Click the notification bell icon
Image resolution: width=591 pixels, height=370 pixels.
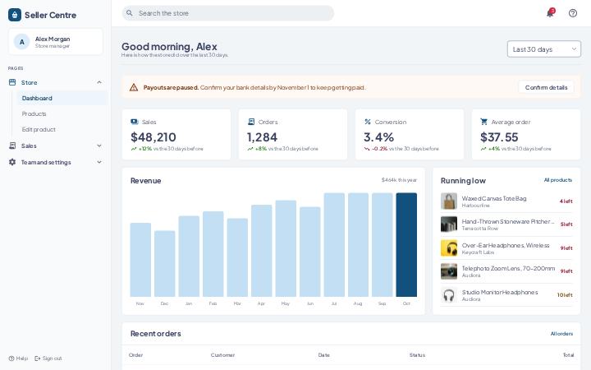click(550, 13)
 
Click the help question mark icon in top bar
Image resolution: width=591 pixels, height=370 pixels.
click(573, 13)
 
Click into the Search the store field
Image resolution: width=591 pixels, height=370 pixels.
click(227, 13)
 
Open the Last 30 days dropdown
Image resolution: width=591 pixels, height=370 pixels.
click(544, 49)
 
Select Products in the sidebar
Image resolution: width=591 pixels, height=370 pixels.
click(34, 113)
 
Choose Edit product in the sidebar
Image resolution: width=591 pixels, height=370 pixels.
click(39, 130)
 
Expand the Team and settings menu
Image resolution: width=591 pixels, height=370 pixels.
click(56, 162)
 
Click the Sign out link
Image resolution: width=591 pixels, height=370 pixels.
click(48, 358)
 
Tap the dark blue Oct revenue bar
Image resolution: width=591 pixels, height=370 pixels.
click(406, 245)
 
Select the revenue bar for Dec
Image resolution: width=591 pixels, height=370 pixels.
click(165, 264)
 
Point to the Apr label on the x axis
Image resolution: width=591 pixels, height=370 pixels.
click(261, 303)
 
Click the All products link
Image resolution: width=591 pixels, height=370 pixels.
click(558, 180)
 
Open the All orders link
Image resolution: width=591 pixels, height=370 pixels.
click(561, 334)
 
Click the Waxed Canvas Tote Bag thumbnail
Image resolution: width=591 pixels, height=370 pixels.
click(449, 201)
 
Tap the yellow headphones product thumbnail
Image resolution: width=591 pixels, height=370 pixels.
click(449, 248)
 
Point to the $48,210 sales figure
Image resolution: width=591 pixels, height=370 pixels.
click(153, 137)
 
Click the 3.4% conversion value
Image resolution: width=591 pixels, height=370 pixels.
click(378, 137)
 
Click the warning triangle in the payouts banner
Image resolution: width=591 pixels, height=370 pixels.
click(134, 88)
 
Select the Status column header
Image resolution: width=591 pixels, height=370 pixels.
click(417, 355)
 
